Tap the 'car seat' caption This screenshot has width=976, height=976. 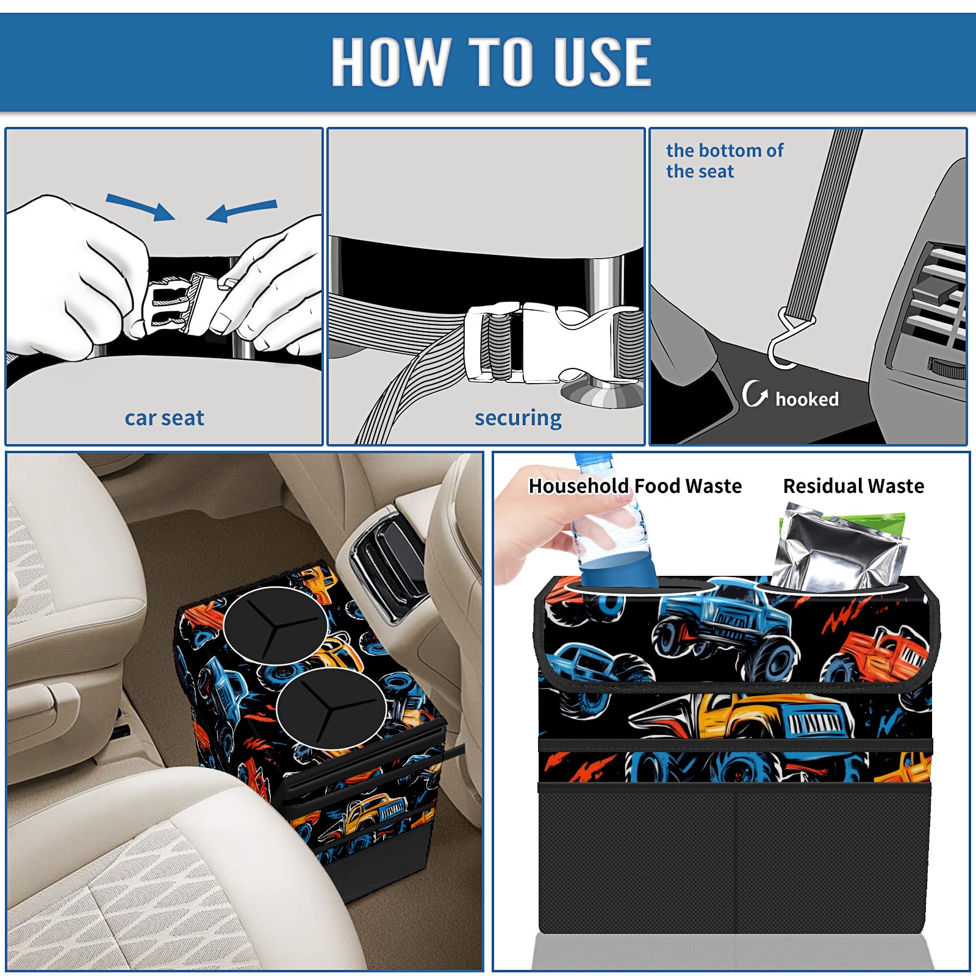coord(164,418)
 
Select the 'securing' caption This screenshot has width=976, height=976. coord(518,418)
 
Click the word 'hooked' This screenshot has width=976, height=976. coord(806,399)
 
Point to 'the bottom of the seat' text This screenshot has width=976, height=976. coord(724,160)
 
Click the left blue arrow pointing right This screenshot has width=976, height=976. coord(140,207)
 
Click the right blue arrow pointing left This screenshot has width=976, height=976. coord(242,211)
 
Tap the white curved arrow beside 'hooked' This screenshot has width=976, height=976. coord(755,393)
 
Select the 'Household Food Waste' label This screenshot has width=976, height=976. coord(635,486)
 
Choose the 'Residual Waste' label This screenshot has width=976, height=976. coord(853,486)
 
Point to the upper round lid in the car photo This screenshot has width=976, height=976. coord(276,626)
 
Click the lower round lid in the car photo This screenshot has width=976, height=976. coord(331,708)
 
